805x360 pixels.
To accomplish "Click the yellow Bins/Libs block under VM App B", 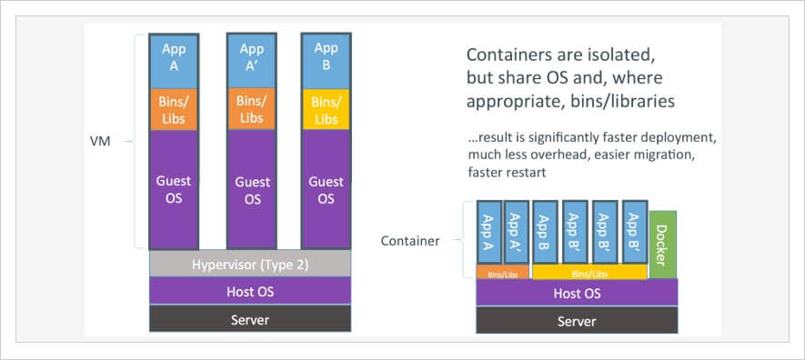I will (x=325, y=109).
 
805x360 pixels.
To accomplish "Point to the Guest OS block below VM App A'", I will (x=252, y=189).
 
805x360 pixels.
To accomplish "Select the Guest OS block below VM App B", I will (x=325, y=189).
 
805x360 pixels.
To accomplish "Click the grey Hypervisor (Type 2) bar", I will (x=250, y=265).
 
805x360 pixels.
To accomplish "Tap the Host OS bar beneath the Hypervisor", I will (x=250, y=292).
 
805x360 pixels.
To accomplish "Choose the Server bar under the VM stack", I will (x=250, y=319).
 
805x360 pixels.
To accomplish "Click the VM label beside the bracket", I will (x=101, y=142).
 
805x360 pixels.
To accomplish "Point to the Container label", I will (x=410, y=241).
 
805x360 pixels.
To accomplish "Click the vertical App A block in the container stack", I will (x=489, y=232).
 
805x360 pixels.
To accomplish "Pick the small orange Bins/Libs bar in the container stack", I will (x=503, y=272).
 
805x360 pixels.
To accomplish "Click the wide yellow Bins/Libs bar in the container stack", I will (x=589, y=272).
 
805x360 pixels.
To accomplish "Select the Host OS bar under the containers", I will (x=576, y=293).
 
